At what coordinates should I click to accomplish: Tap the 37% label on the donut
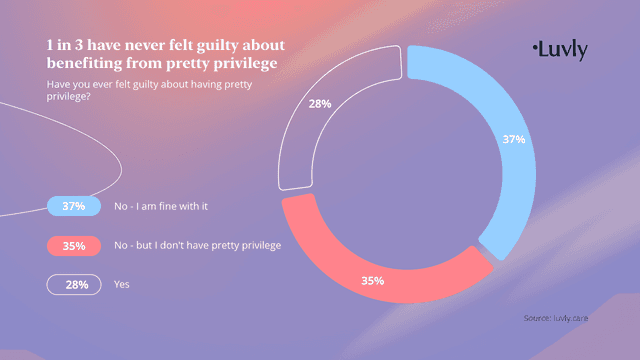pyautogui.click(x=513, y=140)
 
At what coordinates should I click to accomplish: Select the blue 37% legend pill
pyautogui.click(x=73, y=206)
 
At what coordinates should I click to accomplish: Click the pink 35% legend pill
pyautogui.click(x=73, y=245)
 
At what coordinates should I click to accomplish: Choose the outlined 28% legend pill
pyautogui.click(x=73, y=285)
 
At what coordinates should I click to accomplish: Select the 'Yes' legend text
pyautogui.click(x=122, y=285)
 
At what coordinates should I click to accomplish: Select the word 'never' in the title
pyautogui.click(x=150, y=46)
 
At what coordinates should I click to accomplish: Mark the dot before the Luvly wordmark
pyautogui.click(x=536, y=45)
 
